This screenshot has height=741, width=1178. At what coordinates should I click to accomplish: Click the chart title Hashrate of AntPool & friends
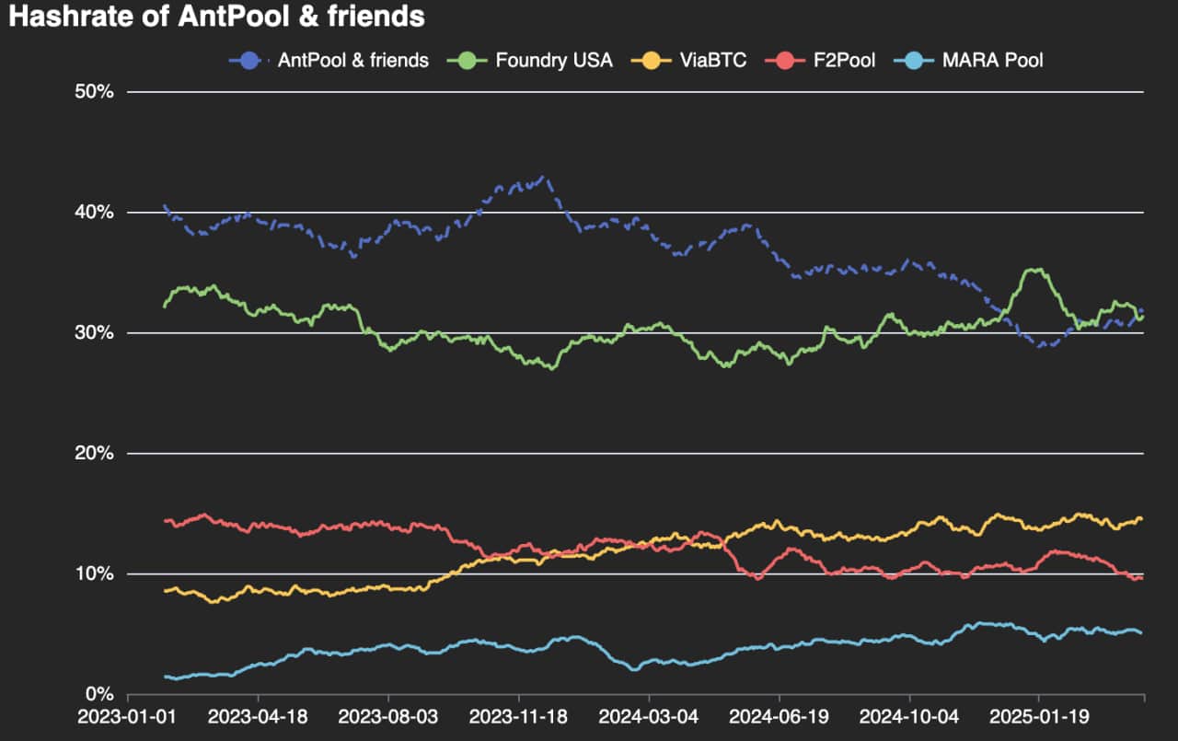[216, 17]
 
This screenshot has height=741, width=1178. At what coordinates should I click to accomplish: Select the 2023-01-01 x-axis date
[129, 717]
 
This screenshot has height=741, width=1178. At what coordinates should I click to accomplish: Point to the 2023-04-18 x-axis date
[259, 717]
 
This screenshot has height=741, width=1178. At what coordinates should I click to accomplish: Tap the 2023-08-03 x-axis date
[389, 717]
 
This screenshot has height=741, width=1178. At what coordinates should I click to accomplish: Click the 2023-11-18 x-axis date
[519, 717]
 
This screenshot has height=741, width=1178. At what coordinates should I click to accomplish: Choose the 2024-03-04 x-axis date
[650, 717]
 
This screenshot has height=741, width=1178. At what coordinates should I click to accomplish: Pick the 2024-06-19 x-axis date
[780, 717]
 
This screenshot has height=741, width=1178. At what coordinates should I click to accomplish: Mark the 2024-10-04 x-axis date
[909, 717]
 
